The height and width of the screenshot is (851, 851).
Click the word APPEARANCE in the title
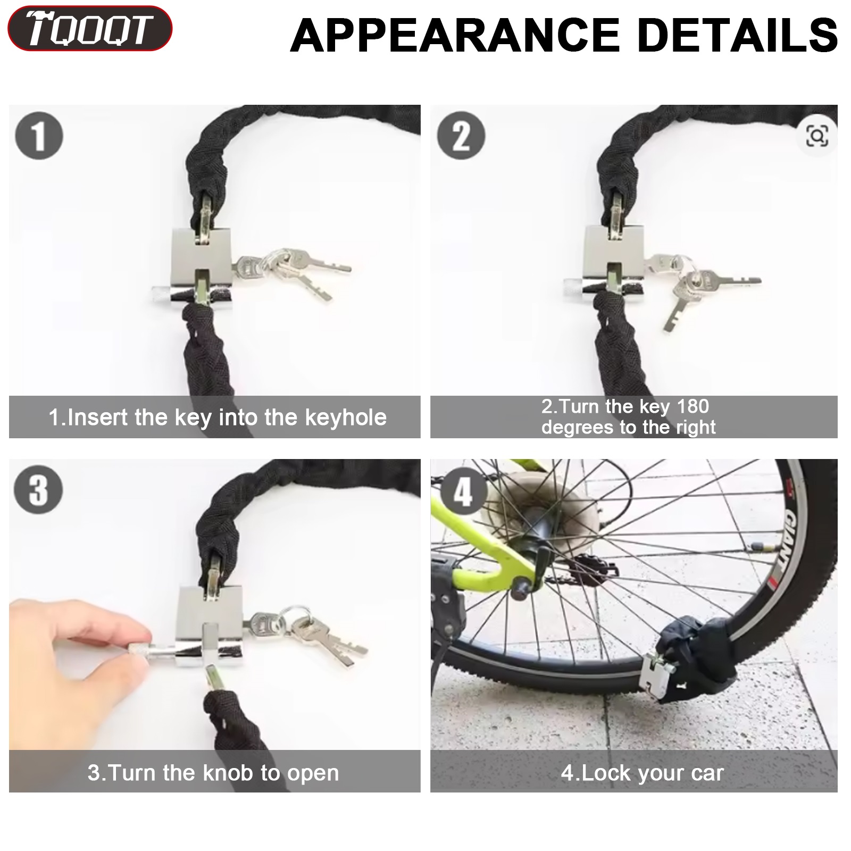[x=455, y=36]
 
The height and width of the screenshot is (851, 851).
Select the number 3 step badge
[x=39, y=489]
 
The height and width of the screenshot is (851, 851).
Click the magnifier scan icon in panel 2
[x=817, y=136]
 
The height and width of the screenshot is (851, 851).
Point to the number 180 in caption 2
[x=693, y=407]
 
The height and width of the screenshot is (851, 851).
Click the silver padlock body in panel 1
[x=201, y=269]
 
